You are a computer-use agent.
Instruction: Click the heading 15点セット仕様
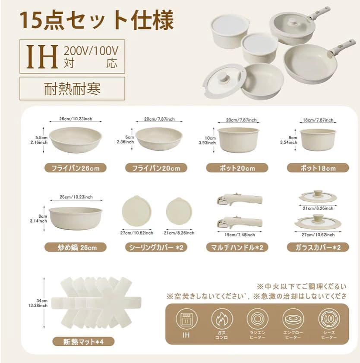point(97,20)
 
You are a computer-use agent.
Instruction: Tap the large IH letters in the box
point(43,57)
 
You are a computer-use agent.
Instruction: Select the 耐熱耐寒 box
point(72,88)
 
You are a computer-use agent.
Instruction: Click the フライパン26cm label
point(75,168)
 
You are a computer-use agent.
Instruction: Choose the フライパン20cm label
point(156,168)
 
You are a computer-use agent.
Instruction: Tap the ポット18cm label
point(318,168)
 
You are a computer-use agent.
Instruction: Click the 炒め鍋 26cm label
point(75,247)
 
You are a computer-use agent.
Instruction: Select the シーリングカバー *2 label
point(156,247)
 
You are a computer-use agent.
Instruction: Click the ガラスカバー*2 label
point(318,247)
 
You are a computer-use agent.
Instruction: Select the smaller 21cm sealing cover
point(179,211)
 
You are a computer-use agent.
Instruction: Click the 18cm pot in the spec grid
point(318,139)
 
